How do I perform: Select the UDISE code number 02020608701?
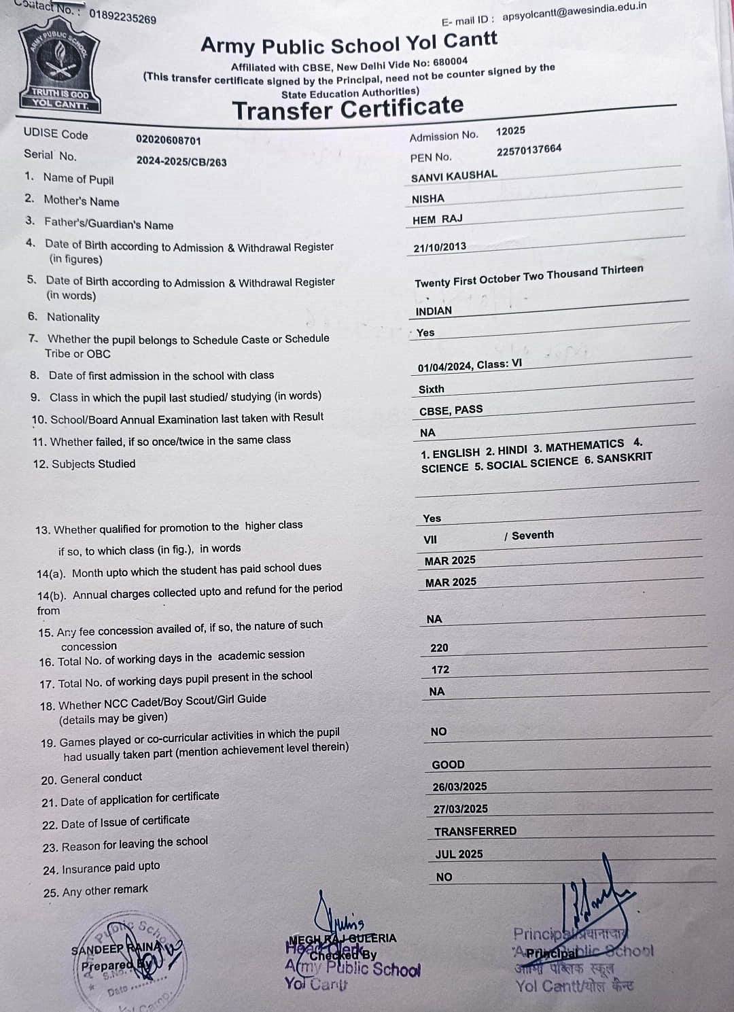(x=169, y=140)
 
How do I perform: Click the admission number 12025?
(x=510, y=130)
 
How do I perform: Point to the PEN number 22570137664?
(x=529, y=150)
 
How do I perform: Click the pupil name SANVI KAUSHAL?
(x=454, y=175)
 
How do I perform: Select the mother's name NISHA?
(x=428, y=198)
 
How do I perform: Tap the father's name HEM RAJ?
(x=437, y=220)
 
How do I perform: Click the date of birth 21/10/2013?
(x=440, y=247)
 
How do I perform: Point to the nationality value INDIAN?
(x=434, y=311)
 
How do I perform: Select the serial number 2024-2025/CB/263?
(x=181, y=161)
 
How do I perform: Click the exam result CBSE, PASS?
(x=451, y=410)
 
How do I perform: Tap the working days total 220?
(x=439, y=648)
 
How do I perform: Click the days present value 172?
(x=440, y=669)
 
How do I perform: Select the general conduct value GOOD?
(x=449, y=765)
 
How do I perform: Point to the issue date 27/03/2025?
(x=461, y=809)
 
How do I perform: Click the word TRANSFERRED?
(x=475, y=831)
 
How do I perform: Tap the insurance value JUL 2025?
(x=459, y=854)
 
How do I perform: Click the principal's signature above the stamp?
(x=590, y=897)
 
